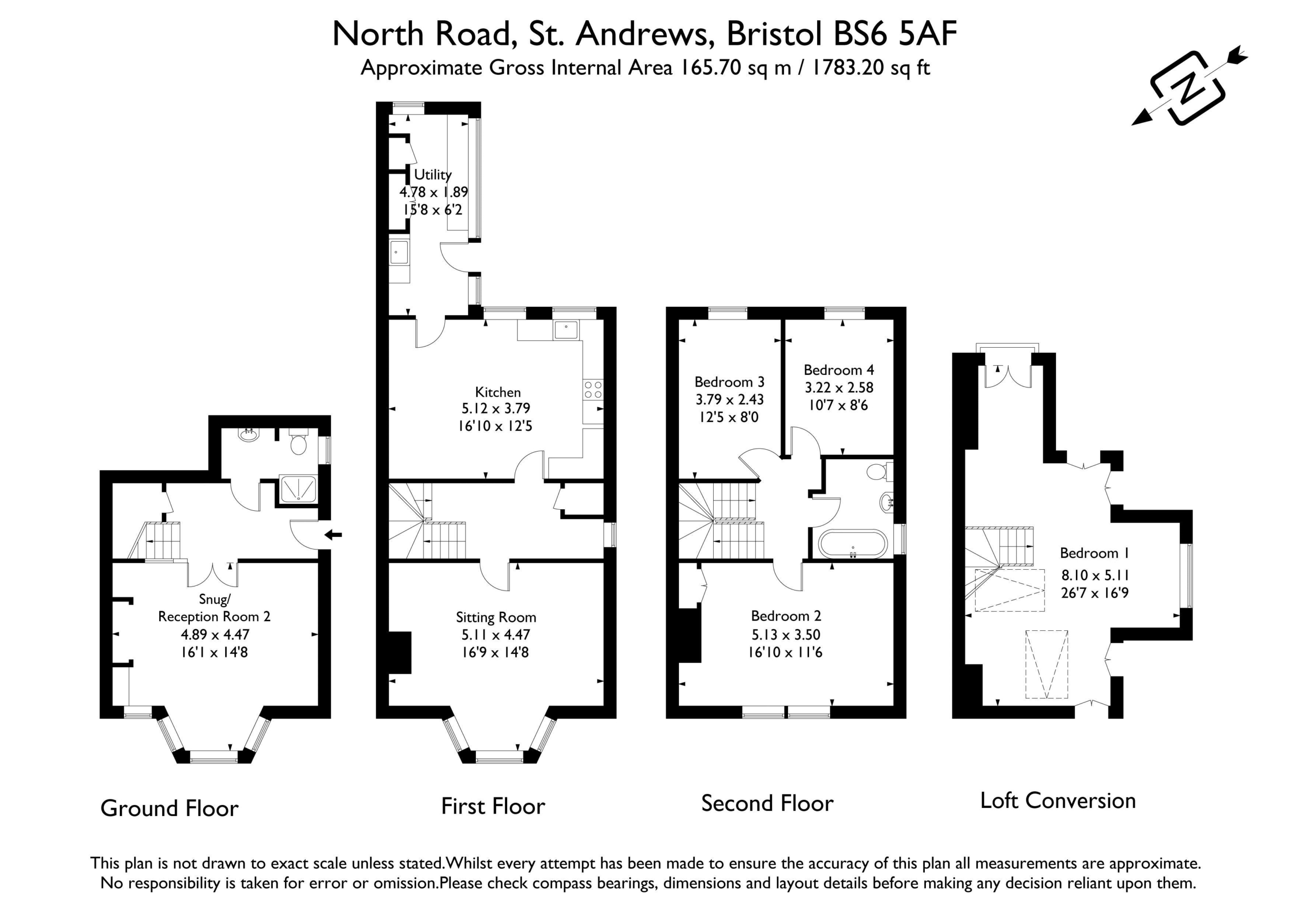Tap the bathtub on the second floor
click(853, 544)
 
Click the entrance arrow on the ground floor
click(333, 534)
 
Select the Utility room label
click(432, 175)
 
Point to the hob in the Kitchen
click(593, 390)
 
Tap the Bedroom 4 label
click(838, 370)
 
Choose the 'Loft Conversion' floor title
click(1058, 800)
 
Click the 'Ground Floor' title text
click(170, 808)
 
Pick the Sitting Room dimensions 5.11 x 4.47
click(495, 635)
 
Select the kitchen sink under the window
click(566, 330)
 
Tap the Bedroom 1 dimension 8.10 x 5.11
click(1095, 575)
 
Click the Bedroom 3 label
click(729, 382)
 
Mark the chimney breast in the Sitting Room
click(400, 652)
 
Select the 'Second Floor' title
click(767, 803)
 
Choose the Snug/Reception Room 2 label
click(214, 608)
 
